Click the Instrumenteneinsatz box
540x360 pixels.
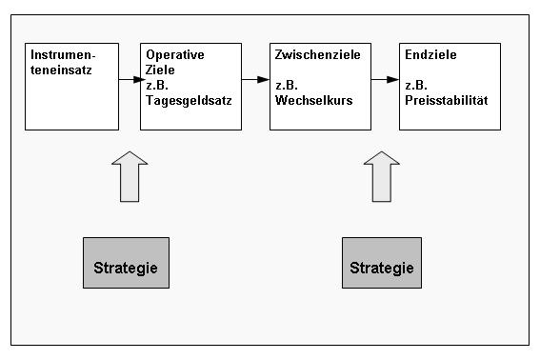[x=71, y=86]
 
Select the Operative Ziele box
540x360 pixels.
[x=190, y=86]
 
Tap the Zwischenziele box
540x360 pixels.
[x=317, y=86]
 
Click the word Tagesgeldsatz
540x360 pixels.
[x=190, y=97]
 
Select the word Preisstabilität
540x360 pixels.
[x=446, y=97]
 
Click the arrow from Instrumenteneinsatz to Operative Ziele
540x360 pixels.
[x=130, y=81]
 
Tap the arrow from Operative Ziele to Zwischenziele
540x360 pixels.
[x=253, y=81]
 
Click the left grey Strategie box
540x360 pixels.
[x=126, y=262]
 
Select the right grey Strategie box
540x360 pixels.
[x=381, y=262]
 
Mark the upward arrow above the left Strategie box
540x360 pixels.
[x=130, y=176]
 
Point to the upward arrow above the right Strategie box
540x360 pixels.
[x=382, y=176]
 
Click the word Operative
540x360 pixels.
[x=174, y=55]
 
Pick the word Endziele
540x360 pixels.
[x=430, y=55]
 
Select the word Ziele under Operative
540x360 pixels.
[x=161, y=69]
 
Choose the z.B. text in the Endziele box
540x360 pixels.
[x=416, y=83]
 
